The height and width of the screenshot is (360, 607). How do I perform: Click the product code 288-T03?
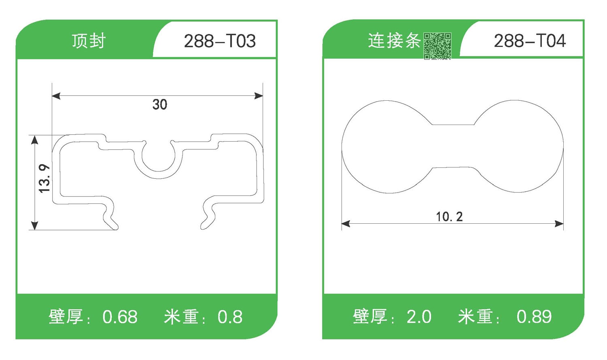220,41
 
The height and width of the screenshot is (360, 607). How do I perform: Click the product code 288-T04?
530,41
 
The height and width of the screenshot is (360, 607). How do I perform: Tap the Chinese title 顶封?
89,41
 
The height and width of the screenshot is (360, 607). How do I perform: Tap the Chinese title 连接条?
394,41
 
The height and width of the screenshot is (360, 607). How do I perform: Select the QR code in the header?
437,46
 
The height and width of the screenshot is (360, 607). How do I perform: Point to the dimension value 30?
160,105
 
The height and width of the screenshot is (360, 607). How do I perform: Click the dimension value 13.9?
44,178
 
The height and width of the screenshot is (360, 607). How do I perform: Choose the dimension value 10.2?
449,217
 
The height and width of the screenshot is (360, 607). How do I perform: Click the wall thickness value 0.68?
120,317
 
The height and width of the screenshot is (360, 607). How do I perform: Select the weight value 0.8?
230,317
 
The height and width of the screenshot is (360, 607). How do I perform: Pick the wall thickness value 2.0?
419,317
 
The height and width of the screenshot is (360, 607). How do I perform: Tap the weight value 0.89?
534,317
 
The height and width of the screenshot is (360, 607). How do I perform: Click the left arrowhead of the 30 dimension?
56,96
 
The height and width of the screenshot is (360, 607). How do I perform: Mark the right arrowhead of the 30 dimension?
259,96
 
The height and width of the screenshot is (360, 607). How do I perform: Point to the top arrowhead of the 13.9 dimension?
35,140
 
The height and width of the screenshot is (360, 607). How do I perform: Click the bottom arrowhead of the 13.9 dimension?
35,226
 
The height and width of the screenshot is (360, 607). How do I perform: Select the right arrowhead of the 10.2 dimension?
559,224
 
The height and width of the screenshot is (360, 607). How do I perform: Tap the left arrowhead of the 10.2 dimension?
346,224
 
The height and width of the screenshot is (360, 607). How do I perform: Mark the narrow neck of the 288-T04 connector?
453,146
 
